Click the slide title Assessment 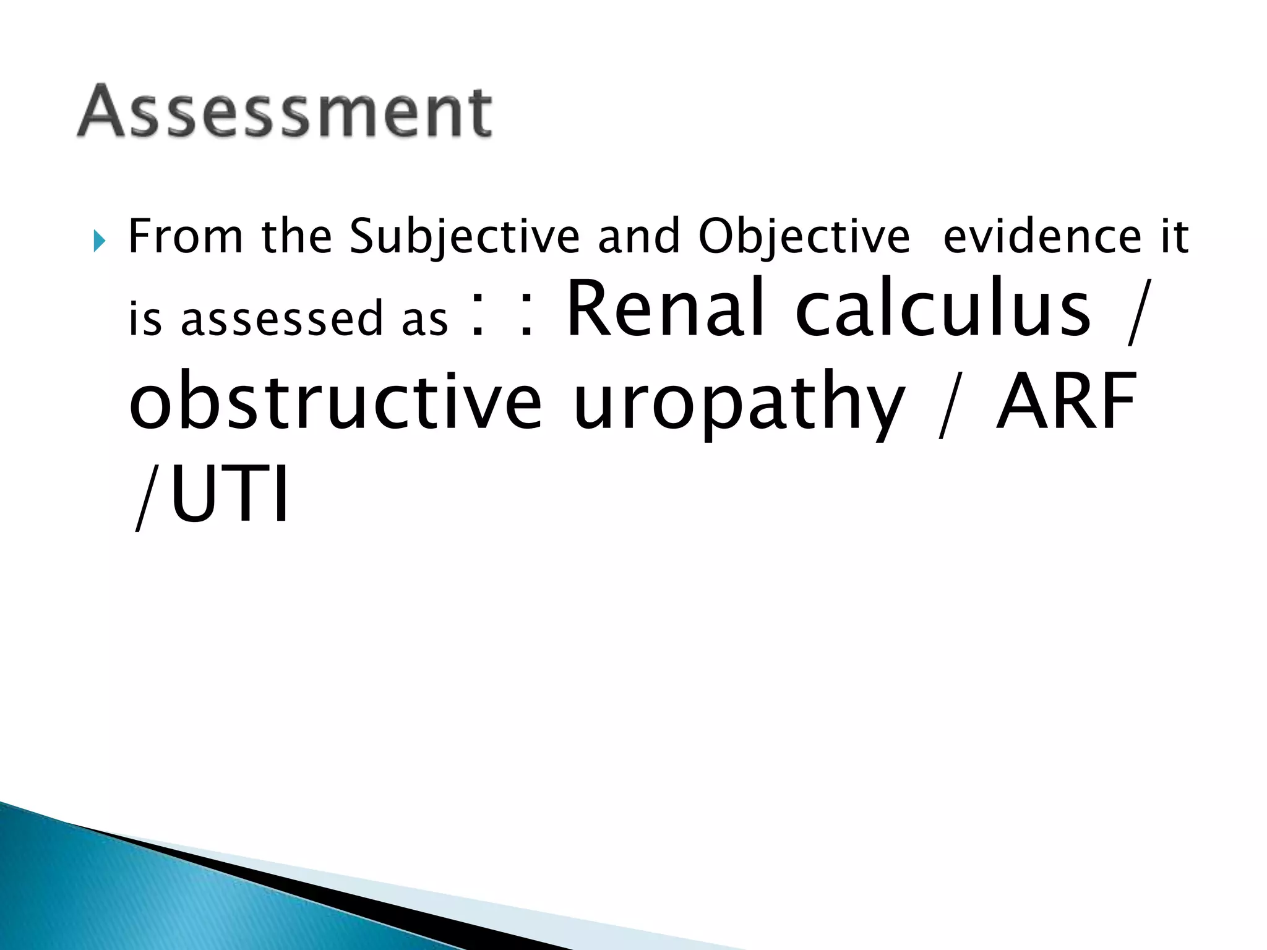coord(285,111)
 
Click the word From coord(186,236)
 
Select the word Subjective coord(465,237)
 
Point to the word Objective coord(804,237)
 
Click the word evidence coord(1042,236)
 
